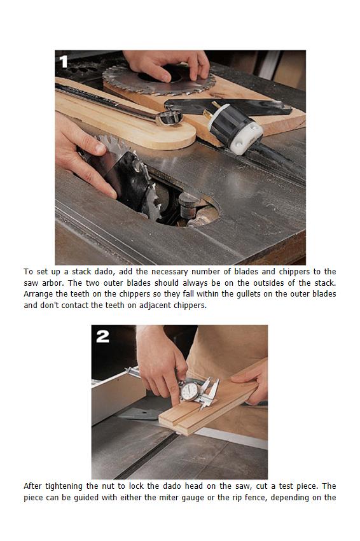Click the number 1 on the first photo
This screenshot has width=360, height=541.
pyautogui.click(x=64, y=62)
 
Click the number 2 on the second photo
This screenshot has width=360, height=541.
pyautogui.click(x=103, y=336)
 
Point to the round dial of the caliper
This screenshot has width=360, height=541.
pyautogui.click(x=190, y=391)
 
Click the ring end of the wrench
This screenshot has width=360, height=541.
pyautogui.click(x=169, y=116)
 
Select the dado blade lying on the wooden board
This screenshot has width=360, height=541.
pyautogui.click(x=159, y=80)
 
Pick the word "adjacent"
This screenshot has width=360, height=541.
pyautogui.click(x=155, y=306)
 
